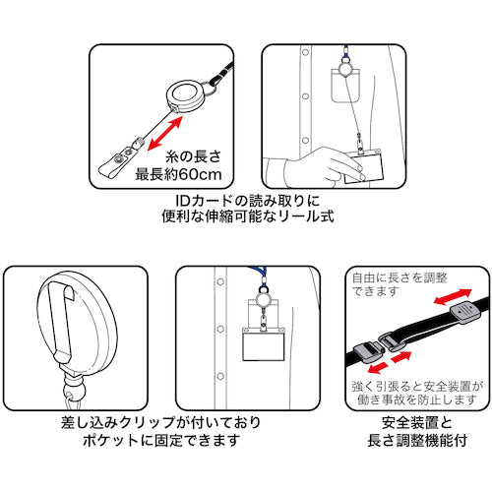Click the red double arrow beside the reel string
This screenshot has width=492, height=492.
(x=164, y=133)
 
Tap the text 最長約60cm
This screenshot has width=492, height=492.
(x=179, y=174)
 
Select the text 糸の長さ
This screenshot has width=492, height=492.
(x=194, y=156)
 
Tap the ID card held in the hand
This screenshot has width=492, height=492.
(x=363, y=166)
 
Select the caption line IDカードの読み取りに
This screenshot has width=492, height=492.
(x=248, y=201)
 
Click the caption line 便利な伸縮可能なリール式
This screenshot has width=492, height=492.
(x=248, y=216)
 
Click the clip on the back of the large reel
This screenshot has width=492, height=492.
(x=62, y=322)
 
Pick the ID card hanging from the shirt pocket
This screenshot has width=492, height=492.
(x=264, y=343)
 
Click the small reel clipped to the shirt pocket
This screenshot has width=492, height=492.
(x=263, y=300)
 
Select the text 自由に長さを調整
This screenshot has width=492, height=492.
(x=400, y=278)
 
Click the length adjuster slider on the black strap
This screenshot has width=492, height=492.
(x=465, y=312)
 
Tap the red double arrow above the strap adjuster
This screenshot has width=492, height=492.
(x=453, y=297)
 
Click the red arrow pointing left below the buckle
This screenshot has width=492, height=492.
(x=378, y=368)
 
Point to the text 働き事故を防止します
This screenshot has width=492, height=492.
(x=416, y=400)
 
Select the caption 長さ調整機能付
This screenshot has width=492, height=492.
(x=417, y=440)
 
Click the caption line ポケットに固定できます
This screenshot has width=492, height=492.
(x=161, y=440)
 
